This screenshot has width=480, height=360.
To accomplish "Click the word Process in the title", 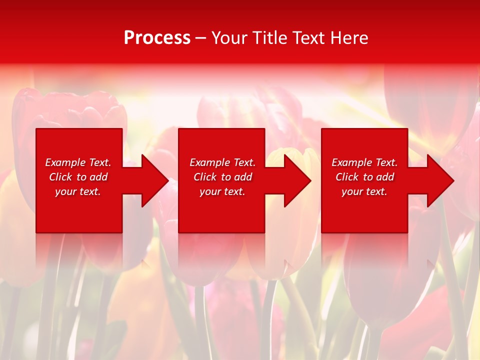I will click(157, 38).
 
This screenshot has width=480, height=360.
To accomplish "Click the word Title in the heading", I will click(268, 38).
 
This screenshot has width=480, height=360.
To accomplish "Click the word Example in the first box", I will click(65, 162).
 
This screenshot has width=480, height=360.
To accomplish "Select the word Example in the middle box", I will click(210, 162).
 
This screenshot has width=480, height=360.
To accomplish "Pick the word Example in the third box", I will click(352, 162).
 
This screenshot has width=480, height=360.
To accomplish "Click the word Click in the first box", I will click(60, 177).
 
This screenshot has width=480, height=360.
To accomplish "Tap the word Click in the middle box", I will click(205, 177).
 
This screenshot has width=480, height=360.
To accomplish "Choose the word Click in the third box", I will click(347, 177).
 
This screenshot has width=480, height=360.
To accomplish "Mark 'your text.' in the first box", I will click(78, 191).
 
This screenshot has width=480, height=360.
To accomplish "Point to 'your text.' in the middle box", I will click(222, 191).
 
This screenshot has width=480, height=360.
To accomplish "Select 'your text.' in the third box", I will click(364, 191).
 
